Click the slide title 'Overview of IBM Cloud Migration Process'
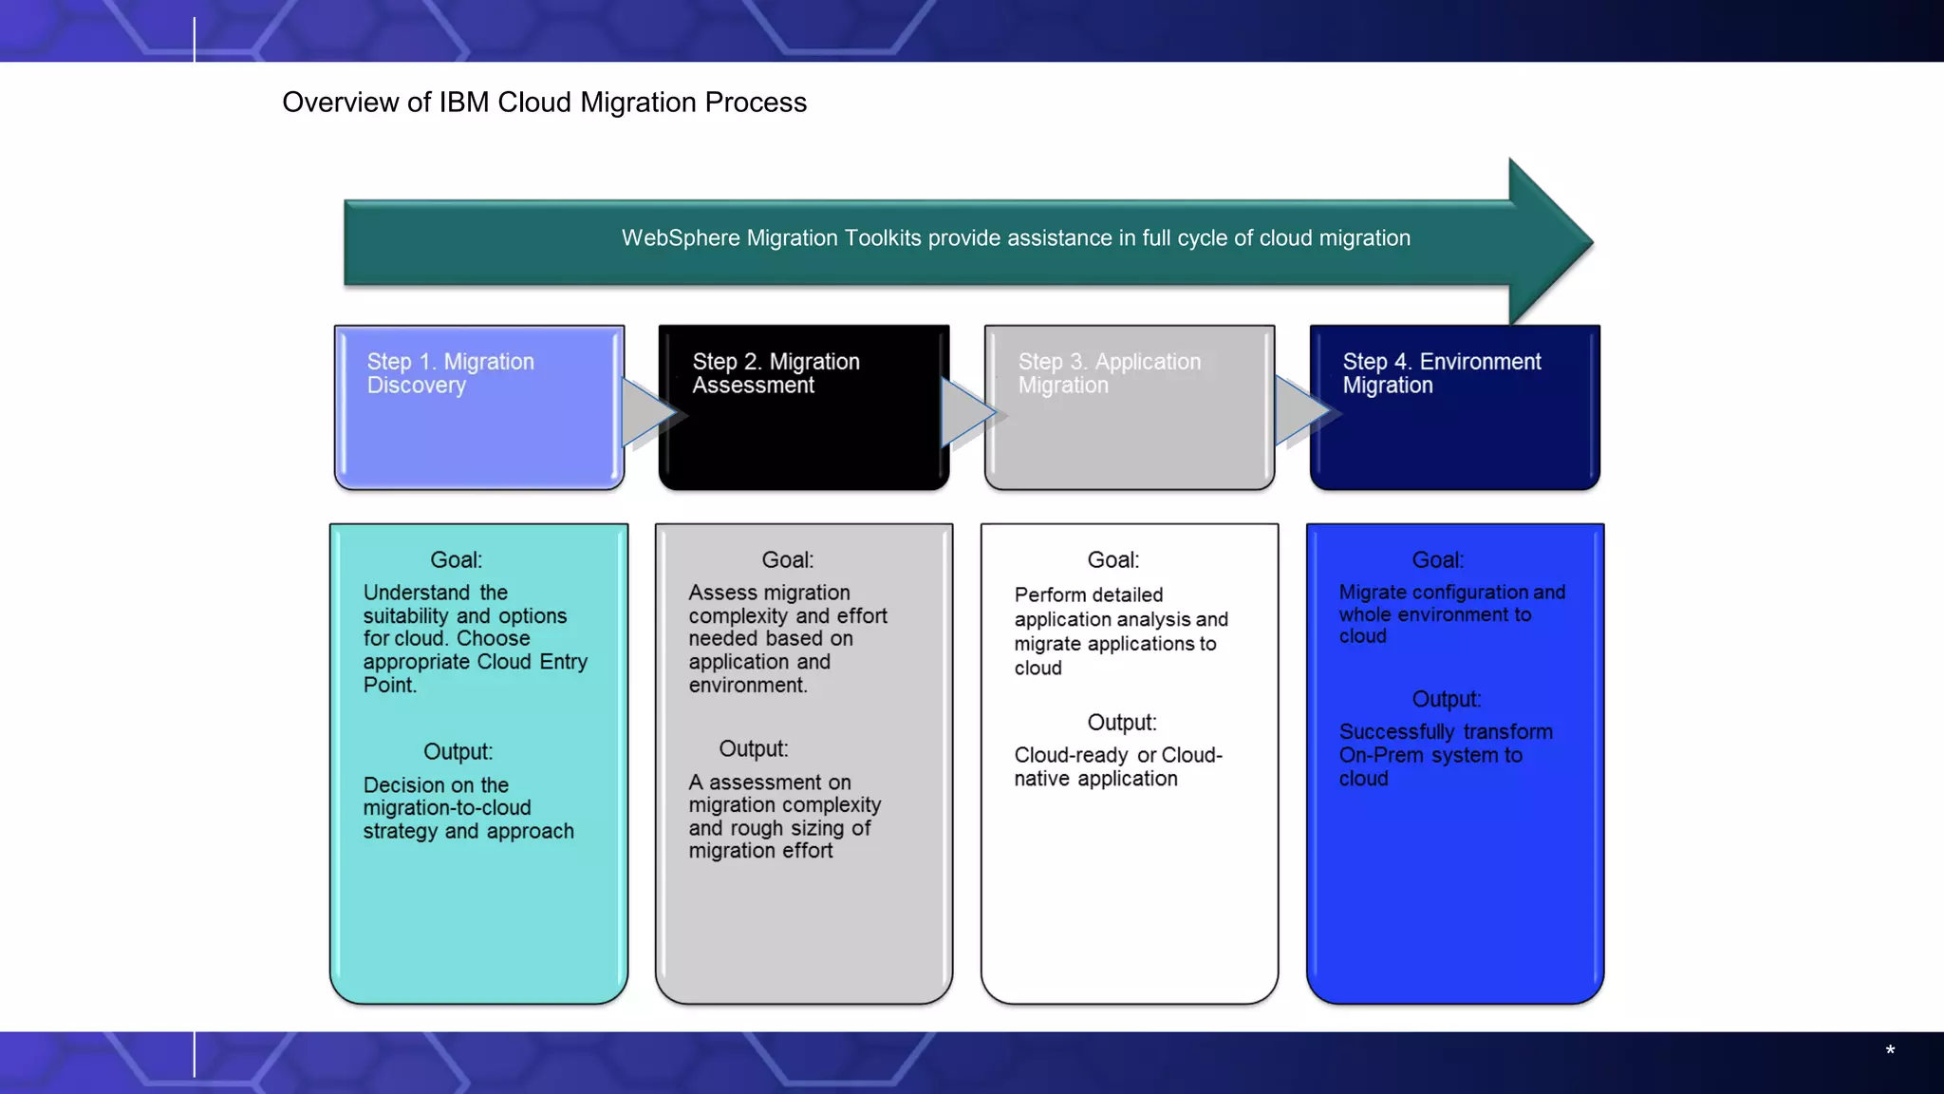pyautogui.click(x=544, y=103)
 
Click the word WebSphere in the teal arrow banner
pyautogui.click(x=681, y=238)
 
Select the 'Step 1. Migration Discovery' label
pyautogui.click(x=451, y=373)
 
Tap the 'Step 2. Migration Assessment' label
pyautogui.click(x=776, y=373)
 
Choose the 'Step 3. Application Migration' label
pyautogui.click(x=1109, y=373)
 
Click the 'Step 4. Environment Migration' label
pyautogui.click(x=1441, y=373)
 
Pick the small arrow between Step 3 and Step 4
pyautogui.click(x=1302, y=411)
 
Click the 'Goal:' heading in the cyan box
pyautogui.click(x=456, y=560)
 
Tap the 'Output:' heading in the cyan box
pyautogui.click(x=458, y=752)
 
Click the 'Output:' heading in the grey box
pyautogui.click(x=753, y=749)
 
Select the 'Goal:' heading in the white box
pyautogui.click(x=1112, y=560)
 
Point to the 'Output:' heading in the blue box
pyautogui.click(x=1446, y=700)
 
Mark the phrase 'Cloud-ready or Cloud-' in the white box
pyautogui.click(x=1117, y=756)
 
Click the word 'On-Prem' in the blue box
pyautogui.click(x=1377, y=756)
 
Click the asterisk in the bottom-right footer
pyautogui.click(x=1890, y=1050)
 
